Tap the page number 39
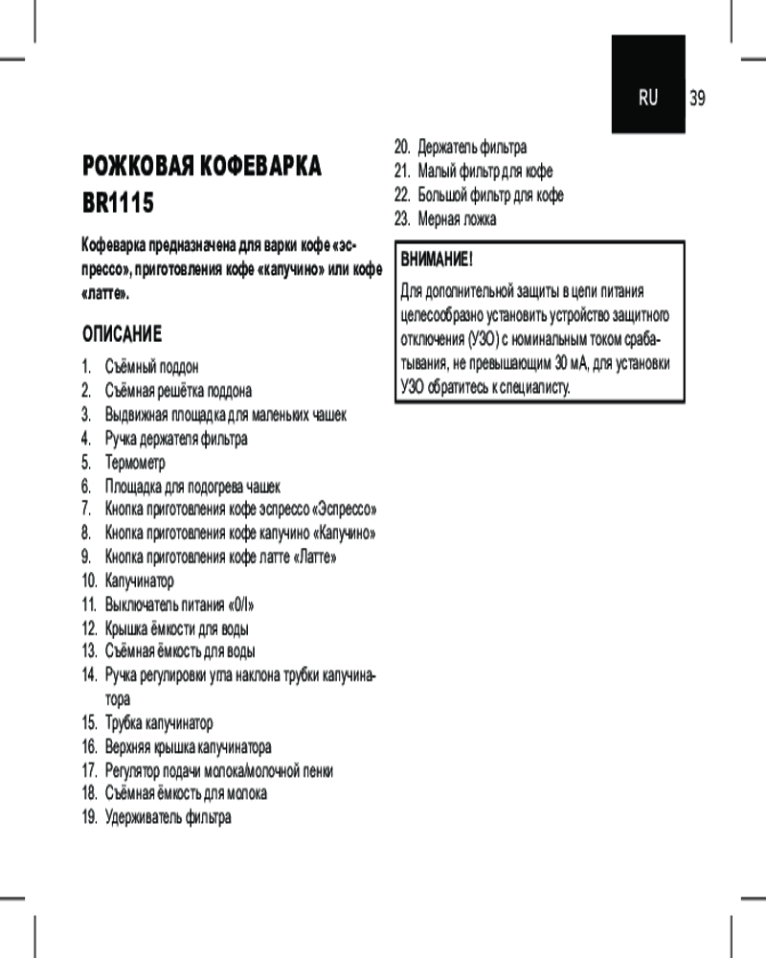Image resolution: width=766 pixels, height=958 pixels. click(697, 98)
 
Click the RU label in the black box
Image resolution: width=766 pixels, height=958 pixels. click(649, 98)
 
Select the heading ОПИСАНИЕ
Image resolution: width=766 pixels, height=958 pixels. click(122, 334)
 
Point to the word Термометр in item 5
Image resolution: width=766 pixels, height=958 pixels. click(135, 463)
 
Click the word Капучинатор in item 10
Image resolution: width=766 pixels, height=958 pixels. click(140, 582)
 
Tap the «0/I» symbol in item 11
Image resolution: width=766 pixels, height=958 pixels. click(240, 605)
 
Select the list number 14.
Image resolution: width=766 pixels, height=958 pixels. click(89, 676)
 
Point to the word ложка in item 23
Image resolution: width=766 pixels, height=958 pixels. click(478, 219)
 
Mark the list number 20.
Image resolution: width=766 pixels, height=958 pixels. click(402, 148)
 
